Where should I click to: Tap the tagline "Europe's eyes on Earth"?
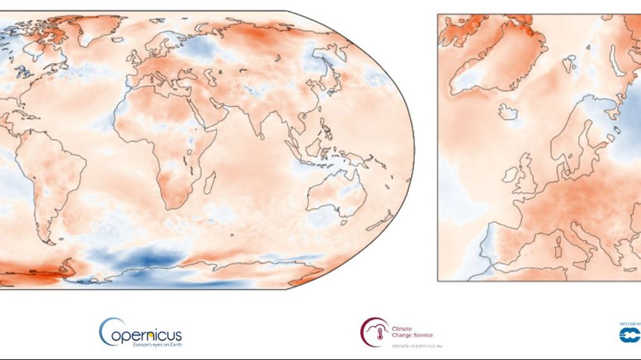coord(150,345)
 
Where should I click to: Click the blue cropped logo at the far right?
coord(631,334)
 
